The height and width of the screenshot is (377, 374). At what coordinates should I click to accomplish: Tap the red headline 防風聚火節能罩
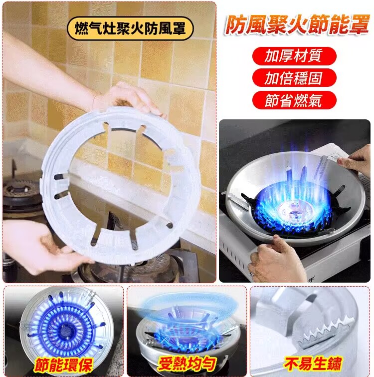click(296, 25)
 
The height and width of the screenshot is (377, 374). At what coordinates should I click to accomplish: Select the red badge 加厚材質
click(294, 55)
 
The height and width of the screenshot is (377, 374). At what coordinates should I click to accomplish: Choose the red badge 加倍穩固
click(294, 78)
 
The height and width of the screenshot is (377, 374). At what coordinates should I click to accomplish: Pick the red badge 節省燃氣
click(294, 100)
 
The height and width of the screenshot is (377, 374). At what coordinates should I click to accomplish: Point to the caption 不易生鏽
click(313, 363)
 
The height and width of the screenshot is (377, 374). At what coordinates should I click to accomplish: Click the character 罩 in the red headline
click(358, 25)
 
